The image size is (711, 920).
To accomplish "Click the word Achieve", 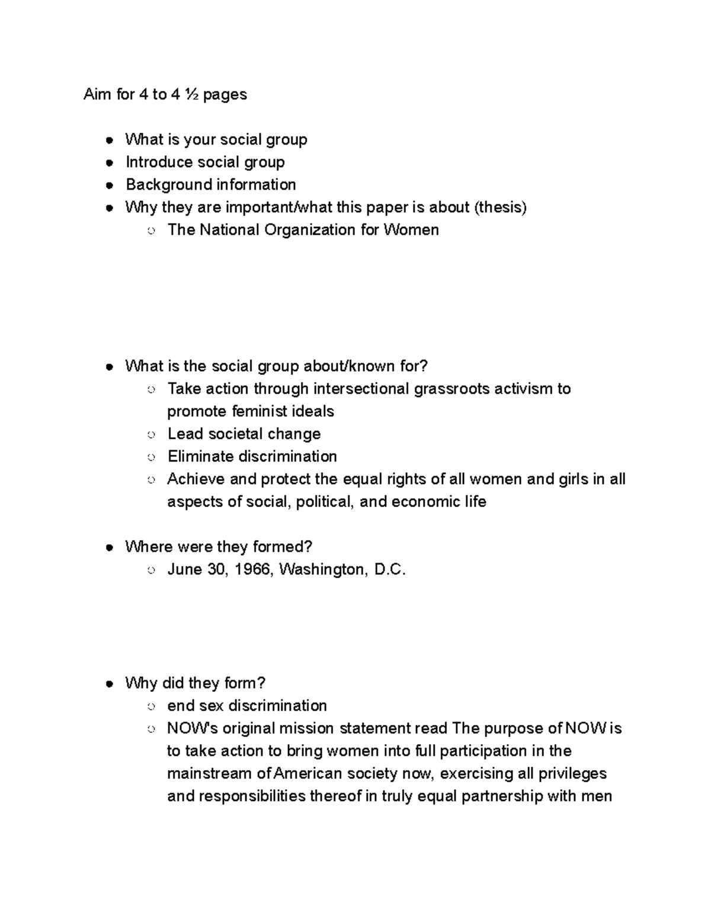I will point(196,479).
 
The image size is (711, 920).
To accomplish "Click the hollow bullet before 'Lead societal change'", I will point(151,435).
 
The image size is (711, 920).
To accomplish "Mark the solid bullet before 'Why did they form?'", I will point(109,684).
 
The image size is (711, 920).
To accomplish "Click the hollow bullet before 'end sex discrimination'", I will point(151,707).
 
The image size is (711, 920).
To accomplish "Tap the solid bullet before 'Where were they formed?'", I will point(109,548).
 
